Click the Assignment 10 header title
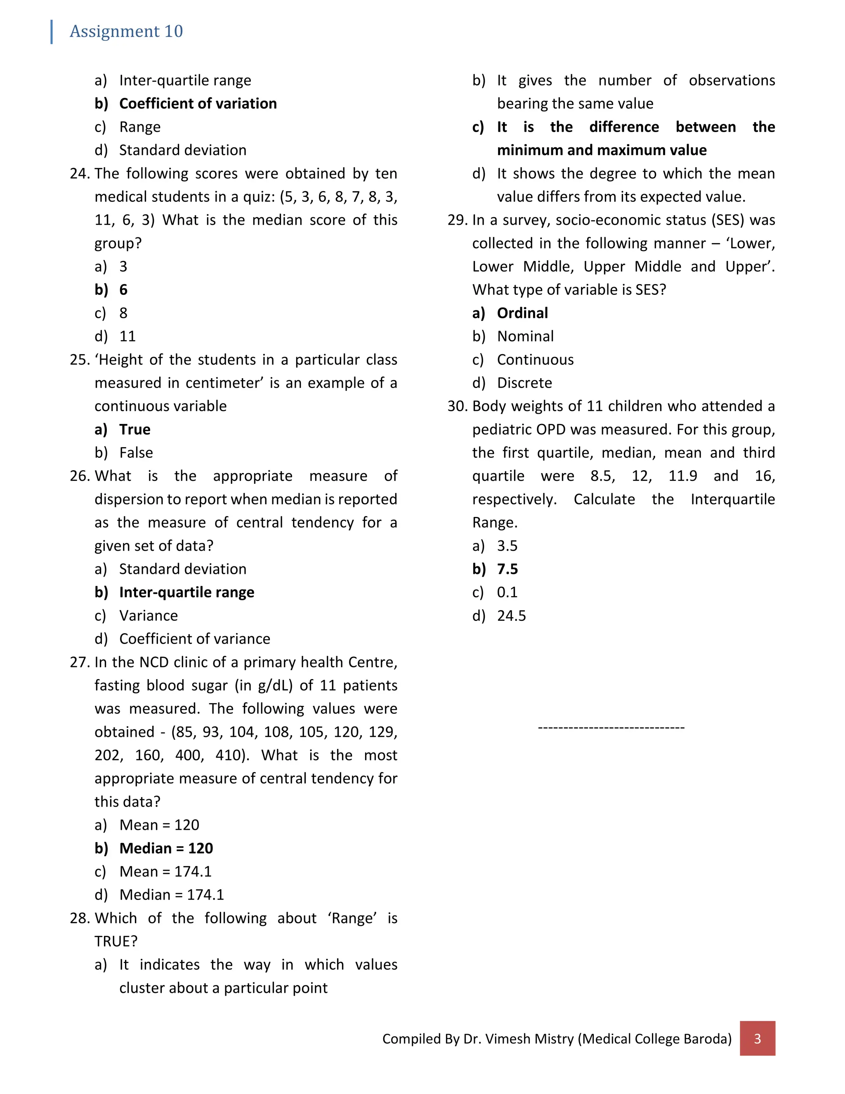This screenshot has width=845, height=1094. [x=126, y=31]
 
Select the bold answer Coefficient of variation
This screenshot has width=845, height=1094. [x=198, y=104]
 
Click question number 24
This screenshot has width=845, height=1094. [x=80, y=174]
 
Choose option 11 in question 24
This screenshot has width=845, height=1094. [x=127, y=336]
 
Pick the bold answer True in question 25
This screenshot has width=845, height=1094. [x=135, y=430]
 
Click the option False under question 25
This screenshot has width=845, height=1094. [x=136, y=453]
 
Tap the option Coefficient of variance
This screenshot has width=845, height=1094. [x=194, y=639]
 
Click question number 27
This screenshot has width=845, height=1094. [x=80, y=663]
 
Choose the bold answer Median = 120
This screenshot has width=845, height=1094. [x=166, y=848]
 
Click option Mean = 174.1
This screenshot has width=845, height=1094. [x=165, y=871]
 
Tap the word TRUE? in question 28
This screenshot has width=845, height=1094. [x=116, y=942]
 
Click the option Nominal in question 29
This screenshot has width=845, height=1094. [x=525, y=336]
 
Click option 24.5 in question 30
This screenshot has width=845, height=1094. [x=511, y=616]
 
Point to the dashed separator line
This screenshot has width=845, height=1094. [x=611, y=727]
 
